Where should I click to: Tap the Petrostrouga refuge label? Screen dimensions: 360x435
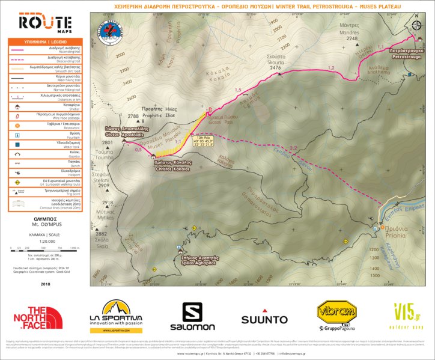tap(407, 53)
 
